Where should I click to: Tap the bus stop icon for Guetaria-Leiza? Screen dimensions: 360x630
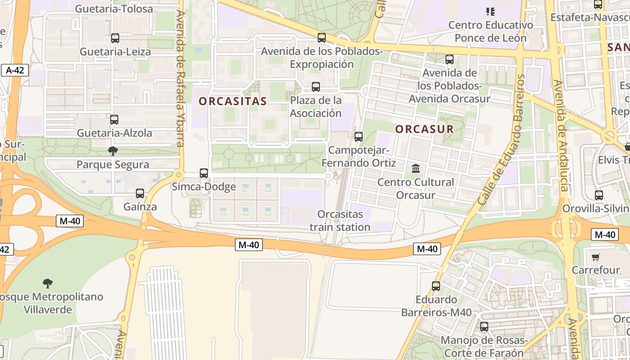tap(115, 38)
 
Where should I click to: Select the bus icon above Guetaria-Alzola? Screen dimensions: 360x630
tap(114, 120)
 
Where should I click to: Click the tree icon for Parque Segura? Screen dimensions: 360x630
tap(112, 151)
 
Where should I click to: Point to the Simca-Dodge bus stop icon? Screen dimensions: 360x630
tap(204, 173)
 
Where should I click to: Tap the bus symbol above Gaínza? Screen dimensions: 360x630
tap(140, 193)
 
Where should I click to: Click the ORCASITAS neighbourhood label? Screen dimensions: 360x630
tap(233, 101)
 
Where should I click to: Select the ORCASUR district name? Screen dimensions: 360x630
tap(424, 129)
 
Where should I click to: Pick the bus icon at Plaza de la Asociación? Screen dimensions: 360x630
tap(316, 87)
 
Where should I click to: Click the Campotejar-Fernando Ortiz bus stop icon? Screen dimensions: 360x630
tap(359, 137)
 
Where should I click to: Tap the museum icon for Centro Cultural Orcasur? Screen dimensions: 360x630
tap(416, 169)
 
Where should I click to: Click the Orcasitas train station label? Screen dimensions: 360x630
tap(340, 220)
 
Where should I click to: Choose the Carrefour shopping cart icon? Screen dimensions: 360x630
tap(596, 257)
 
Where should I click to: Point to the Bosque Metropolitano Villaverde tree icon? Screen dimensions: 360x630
tap(48, 283)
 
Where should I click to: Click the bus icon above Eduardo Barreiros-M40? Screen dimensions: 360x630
tap(436, 286)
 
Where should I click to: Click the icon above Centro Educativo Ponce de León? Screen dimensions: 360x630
tap(490, 12)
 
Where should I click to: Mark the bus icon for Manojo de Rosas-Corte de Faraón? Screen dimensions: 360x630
tap(484, 327)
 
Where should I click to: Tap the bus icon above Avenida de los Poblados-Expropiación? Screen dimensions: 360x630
tap(321, 38)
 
